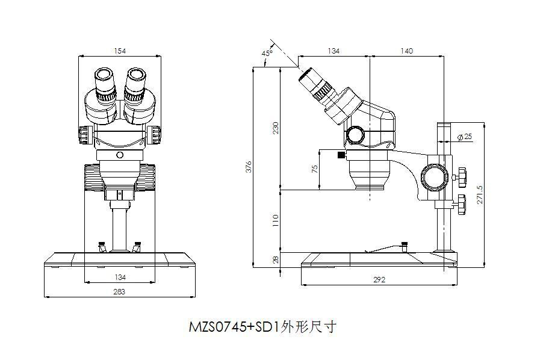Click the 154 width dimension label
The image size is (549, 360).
click(x=120, y=51)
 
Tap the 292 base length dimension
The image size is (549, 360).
click(x=379, y=279)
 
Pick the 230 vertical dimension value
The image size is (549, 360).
click(x=276, y=128)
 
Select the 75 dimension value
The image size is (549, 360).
click(x=314, y=170)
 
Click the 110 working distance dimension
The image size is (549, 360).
click(x=276, y=220)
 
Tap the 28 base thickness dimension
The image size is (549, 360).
click(x=276, y=259)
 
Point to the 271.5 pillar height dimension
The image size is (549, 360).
click(x=480, y=194)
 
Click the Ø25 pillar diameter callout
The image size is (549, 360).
click(x=464, y=137)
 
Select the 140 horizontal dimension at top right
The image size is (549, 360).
click(x=406, y=51)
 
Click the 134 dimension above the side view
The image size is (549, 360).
click(x=333, y=51)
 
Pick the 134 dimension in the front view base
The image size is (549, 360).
click(x=120, y=277)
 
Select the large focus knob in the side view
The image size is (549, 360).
click(x=434, y=178)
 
